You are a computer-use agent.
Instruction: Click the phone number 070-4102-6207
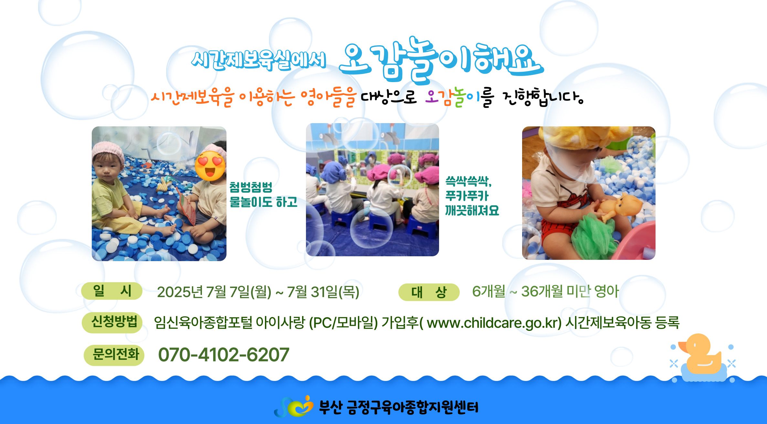tap(224, 355)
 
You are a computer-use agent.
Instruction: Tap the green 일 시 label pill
tap(112, 291)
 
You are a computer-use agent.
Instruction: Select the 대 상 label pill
tap(429, 292)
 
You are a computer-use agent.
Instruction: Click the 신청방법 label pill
tap(112, 322)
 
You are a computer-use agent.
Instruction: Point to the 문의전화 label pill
tap(114, 355)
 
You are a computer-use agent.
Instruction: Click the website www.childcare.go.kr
tap(494, 323)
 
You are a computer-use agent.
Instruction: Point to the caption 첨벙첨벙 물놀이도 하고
tap(263, 195)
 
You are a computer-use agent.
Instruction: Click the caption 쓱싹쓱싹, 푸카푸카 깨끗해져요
tap(472, 196)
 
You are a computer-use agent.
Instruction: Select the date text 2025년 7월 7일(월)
tap(214, 292)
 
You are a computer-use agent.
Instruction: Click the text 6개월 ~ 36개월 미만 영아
tap(545, 291)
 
